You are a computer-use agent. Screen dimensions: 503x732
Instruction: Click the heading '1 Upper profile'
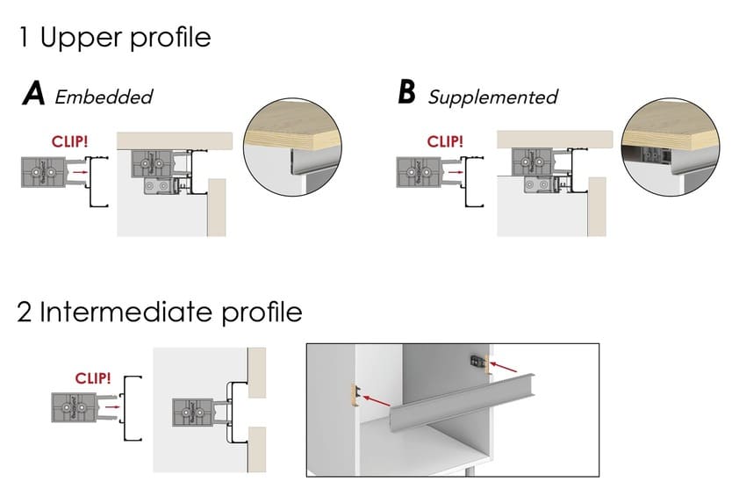114,38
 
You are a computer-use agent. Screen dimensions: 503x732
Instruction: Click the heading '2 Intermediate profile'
160,312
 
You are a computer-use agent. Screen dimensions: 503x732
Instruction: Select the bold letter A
33,95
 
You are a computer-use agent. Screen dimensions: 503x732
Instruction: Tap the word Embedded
104,97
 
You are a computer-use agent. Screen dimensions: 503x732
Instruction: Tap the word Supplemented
492,97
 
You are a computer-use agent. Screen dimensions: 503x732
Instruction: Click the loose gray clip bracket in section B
419,172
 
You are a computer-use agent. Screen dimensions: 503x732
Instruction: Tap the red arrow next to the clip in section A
79,174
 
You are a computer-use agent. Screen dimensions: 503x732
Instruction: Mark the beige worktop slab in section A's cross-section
176,140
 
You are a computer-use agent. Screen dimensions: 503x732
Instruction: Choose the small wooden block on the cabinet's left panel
354,392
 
